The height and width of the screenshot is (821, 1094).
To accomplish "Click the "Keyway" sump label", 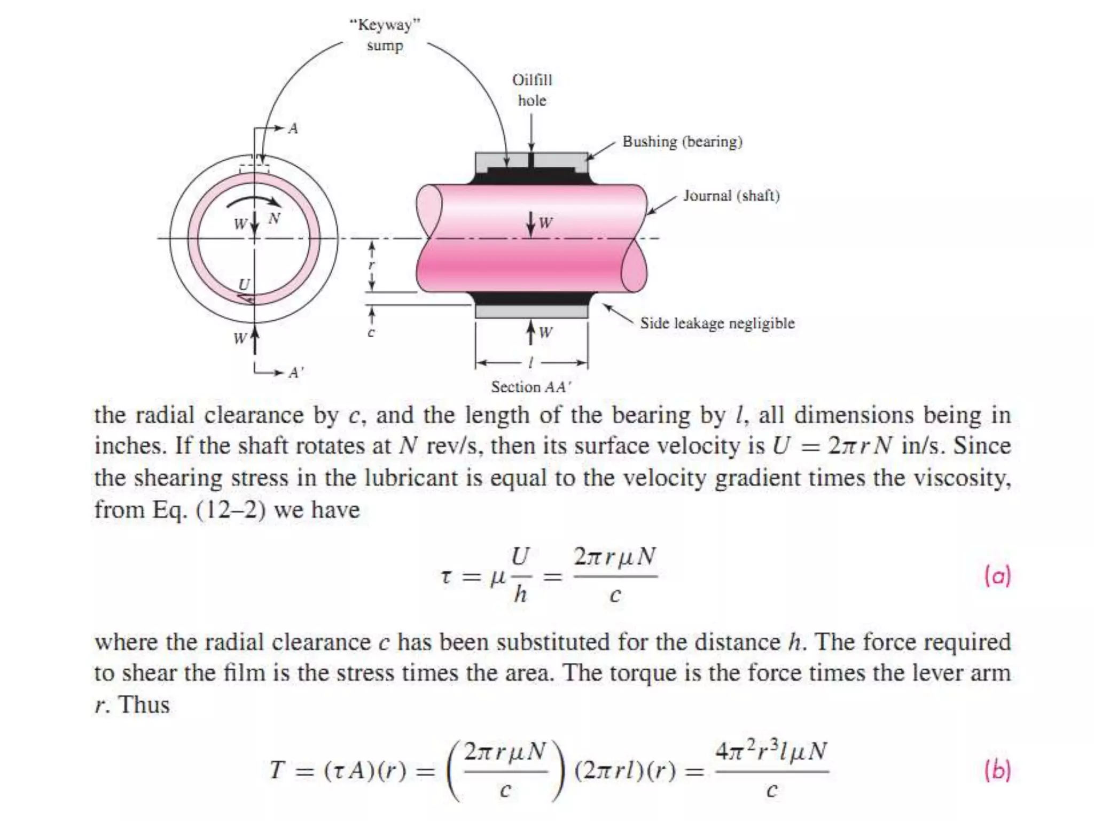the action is point(385,35).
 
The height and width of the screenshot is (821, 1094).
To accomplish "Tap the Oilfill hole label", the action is point(532,90).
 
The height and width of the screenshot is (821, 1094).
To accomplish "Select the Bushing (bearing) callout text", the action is point(682,142).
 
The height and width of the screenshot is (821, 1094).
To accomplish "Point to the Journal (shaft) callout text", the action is point(731,196).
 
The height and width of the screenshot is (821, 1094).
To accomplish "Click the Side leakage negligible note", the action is point(717,323).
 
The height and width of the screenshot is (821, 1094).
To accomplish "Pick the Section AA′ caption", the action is point(531,386).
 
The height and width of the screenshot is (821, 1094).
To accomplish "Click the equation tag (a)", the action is point(997,576).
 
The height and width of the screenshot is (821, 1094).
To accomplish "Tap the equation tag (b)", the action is point(997,770).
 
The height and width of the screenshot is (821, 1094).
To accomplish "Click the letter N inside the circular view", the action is point(275,218).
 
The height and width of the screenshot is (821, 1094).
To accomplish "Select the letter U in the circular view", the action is point(244,284).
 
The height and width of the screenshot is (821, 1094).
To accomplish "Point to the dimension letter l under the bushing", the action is point(530,363).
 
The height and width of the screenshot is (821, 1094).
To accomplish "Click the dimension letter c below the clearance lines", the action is point(371,332).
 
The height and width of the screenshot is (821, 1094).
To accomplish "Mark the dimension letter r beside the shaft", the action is point(372,265).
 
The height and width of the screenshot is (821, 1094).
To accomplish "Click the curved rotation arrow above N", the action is point(253,199).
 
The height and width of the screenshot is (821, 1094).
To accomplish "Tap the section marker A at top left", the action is point(293,128).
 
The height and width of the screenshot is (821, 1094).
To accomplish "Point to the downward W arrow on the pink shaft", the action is point(531,223).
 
